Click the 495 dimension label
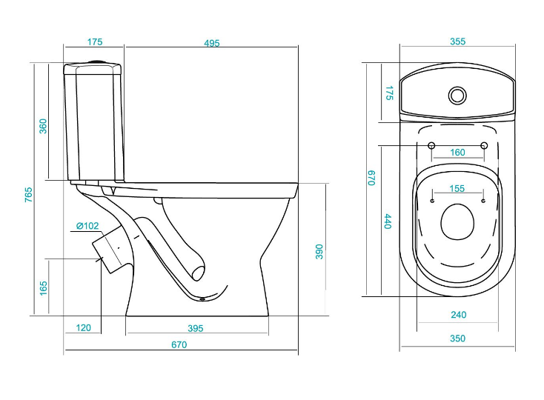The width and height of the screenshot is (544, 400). (212, 43)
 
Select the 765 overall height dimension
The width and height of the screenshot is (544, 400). (28, 195)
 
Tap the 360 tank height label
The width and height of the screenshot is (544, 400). (43, 126)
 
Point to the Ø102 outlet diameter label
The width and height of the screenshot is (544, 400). (87, 226)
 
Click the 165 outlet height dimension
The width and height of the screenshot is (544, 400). (44, 288)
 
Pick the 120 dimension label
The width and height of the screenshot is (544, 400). (83, 328)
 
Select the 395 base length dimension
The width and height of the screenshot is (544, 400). (196, 328)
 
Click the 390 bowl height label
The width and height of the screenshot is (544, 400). (319, 252)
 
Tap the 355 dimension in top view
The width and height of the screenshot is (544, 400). (457, 41)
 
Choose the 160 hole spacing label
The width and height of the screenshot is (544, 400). (457, 153)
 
